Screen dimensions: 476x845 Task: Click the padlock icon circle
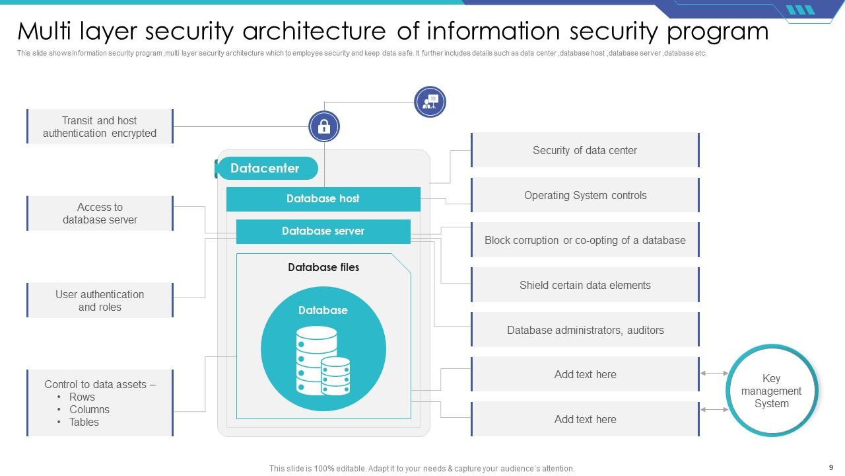tap(324, 126)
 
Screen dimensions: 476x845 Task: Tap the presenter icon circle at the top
tap(430, 102)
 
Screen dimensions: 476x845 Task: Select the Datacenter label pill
tap(265, 169)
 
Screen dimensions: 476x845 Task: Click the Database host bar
tap(323, 199)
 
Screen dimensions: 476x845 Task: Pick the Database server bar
tap(323, 231)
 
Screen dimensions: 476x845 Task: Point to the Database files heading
tap(323, 268)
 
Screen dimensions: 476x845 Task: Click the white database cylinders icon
tap(323, 361)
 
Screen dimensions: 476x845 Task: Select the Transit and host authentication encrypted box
tap(100, 127)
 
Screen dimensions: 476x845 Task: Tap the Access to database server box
tap(100, 214)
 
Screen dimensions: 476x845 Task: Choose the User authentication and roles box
tap(100, 301)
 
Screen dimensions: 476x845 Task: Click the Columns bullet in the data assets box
tap(89, 410)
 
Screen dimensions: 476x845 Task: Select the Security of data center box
tap(585, 151)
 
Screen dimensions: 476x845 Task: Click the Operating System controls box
tap(585, 196)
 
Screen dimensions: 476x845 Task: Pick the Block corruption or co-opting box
tap(585, 241)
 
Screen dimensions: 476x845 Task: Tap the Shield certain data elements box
tap(585, 286)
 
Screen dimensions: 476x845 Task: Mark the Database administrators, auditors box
tap(585, 331)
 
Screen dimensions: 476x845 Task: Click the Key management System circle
tap(771, 391)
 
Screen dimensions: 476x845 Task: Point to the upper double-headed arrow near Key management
tap(714, 374)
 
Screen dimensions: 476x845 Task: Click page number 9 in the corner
tap(830, 467)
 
